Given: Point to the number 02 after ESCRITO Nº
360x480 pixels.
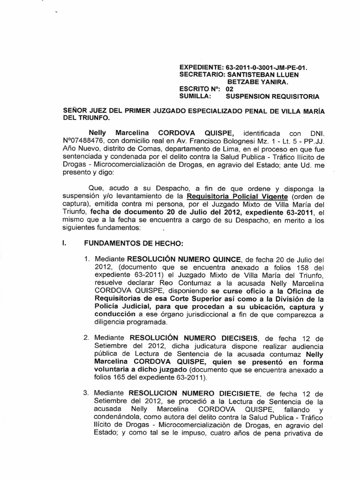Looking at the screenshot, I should pyautogui.click(x=230, y=89).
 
